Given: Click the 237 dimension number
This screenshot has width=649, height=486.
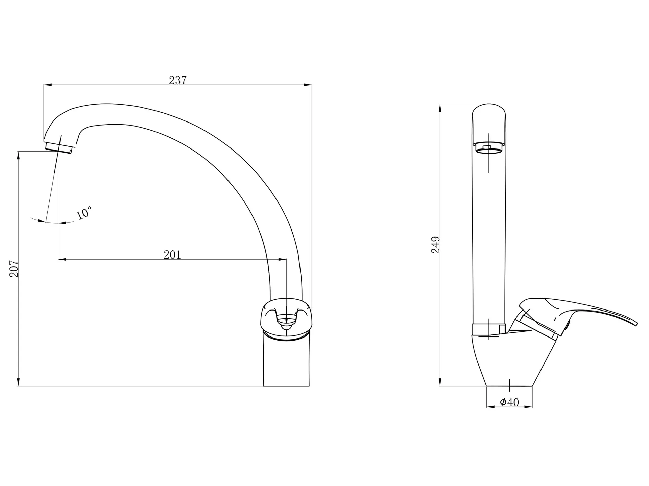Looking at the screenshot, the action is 178,80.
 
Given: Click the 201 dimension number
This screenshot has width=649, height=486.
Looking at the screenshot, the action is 172,255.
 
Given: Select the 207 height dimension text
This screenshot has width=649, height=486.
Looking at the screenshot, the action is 14,269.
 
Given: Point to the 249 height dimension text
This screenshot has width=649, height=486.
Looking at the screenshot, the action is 436,245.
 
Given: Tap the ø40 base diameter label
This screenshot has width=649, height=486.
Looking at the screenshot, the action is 509,402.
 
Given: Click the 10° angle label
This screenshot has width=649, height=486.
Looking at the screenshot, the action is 83,213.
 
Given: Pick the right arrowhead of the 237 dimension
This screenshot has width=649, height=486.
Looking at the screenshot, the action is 308,85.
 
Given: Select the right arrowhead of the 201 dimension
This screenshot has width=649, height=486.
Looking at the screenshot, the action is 283,259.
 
